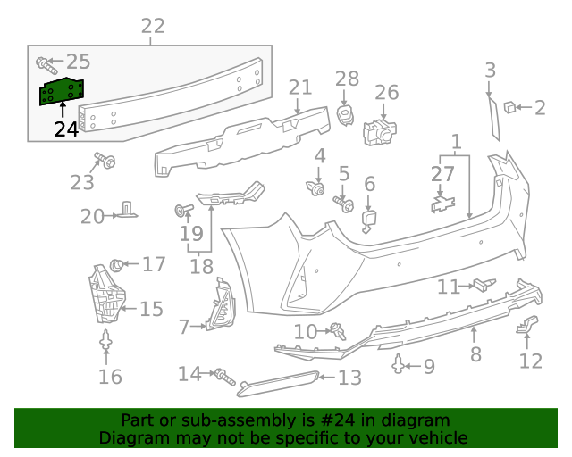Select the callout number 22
coord(153,26)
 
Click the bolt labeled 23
coord(105,162)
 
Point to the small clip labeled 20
coord(128,210)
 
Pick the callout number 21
coord(300,87)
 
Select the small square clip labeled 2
coord(509,107)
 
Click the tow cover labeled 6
coord(369,220)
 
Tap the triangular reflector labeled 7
coord(219,307)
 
